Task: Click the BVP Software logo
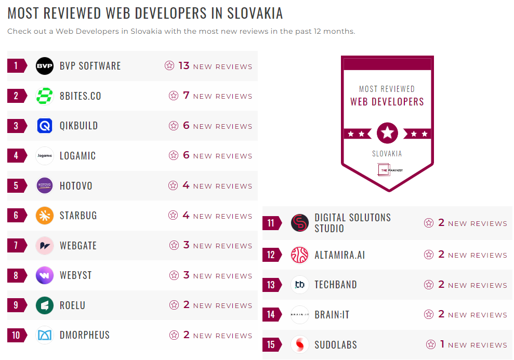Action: (x=45, y=66)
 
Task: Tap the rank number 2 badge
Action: (x=16, y=96)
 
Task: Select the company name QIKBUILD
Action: (x=78, y=126)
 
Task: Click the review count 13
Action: (x=184, y=66)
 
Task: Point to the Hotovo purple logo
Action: (x=45, y=185)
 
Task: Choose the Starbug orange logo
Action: (x=45, y=216)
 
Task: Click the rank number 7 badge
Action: (x=16, y=246)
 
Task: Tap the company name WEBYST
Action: (x=75, y=275)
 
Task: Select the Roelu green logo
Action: (x=45, y=305)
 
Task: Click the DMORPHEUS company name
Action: (x=85, y=335)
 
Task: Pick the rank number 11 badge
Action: (x=271, y=223)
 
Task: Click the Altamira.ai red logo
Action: (x=300, y=255)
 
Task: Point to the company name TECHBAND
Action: (x=335, y=285)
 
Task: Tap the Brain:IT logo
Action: (x=300, y=315)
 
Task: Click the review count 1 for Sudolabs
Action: (x=442, y=344)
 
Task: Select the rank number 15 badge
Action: (x=271, y=344)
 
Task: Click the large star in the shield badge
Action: (x=387, y=133)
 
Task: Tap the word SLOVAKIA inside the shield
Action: (x=387, y=154)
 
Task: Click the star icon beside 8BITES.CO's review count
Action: (x=174, y=96)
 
